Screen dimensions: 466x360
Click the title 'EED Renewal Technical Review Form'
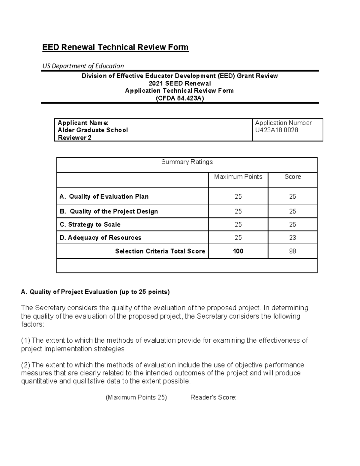tap(115, 47)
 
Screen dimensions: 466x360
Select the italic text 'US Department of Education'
tap(83, 66)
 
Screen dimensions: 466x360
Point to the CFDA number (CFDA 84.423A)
tap(180, 98)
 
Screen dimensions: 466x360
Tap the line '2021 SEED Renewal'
tap(180, 83)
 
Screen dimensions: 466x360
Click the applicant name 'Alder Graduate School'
tap(93, 130)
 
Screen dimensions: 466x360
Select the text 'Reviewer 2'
tap(74, 138)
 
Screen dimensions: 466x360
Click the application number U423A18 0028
tap(276, 130)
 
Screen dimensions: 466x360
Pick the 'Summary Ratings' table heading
tap(187, 162)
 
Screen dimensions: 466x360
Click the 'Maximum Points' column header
tap(238, 177)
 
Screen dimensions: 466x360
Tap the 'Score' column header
tap(292, 177)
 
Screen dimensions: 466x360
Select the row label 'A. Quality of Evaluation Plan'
tap(104, 197)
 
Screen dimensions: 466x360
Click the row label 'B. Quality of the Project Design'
tap(109, 212)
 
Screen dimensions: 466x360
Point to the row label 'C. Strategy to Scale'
tap(90, 225)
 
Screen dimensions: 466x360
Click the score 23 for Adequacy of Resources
tap(292, 238)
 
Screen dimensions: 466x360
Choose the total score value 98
tap(292, 251)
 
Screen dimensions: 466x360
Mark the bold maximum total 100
tap(238, 251)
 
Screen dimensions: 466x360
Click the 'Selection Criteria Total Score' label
tap(160, 251)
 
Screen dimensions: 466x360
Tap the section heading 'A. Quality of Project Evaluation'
tap(95, 292)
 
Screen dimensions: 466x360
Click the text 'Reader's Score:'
tap(213, 398)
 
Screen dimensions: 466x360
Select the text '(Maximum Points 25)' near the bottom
tap(136, 398)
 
